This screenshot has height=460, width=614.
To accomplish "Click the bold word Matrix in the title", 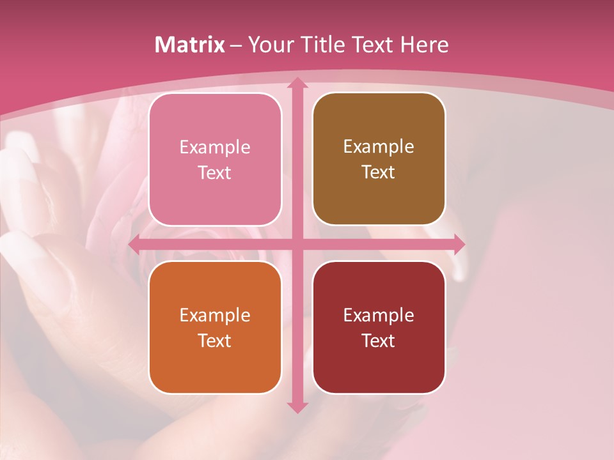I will tap(190, 45).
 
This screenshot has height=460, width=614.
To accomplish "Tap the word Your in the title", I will tap(269, 45).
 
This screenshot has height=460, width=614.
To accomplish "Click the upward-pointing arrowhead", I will tap(297, 83).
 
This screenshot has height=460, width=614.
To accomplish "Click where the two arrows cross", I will tap(297, 244).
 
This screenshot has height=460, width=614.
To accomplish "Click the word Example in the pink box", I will tap(215, 148).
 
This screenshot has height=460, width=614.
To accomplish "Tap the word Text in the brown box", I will tap(379, 172).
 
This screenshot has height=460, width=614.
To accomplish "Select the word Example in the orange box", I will tap(215, 316).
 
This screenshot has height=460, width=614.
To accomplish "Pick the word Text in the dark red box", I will tap(379, 341).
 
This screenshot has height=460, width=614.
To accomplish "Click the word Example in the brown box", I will tap(379, 147).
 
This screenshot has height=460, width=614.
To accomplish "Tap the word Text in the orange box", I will tap(215, 341).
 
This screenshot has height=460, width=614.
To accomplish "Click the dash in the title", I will tap(236, 46).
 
